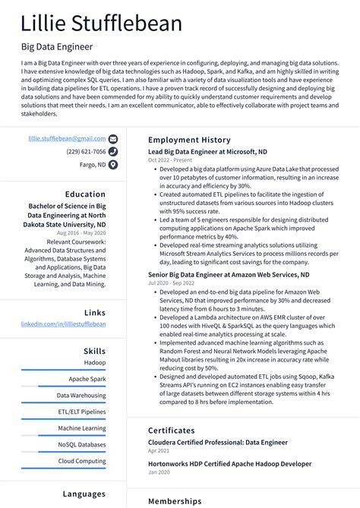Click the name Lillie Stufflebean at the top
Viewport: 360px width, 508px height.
102,24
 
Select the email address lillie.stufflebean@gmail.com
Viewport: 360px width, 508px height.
67,139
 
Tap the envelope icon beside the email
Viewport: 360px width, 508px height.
113,139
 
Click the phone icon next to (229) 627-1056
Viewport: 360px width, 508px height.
113,151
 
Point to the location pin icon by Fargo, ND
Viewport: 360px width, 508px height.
113,164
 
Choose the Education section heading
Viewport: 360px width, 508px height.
85,194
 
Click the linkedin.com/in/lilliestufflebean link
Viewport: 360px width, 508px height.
63,324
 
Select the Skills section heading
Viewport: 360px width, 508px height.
94,352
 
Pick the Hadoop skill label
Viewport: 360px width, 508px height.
94,363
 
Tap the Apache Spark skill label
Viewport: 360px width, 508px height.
87,379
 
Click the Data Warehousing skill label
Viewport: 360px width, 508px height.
81,396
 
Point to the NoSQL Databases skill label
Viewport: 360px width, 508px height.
81,444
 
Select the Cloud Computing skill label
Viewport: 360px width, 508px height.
82,461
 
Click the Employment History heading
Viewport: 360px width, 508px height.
189,140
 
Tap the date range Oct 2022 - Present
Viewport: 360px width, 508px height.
171,160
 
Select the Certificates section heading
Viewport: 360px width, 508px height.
177,431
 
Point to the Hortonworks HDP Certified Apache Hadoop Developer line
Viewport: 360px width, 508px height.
229,463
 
